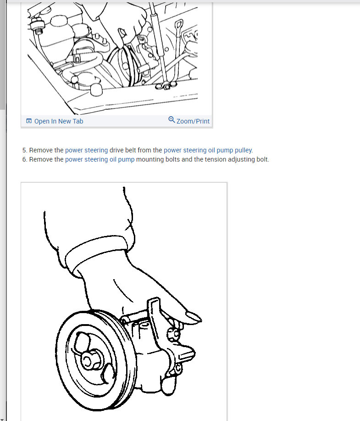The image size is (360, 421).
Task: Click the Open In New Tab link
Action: (58, 121)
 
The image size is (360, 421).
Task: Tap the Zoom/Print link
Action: (193, 121)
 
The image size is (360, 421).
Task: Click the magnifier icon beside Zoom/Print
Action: (172, 120)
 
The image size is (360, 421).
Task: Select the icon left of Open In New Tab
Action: (29, 121)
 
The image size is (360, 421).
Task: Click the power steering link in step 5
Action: (86, 150)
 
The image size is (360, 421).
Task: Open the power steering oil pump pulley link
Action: (208, 150)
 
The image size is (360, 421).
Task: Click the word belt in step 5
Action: (129, 150)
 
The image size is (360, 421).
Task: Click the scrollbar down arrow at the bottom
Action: (2, 419)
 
